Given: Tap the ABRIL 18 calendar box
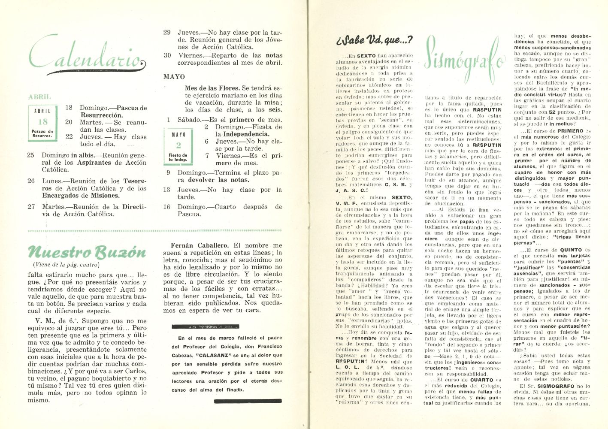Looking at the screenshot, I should pyautogui.click(x=43, y=123).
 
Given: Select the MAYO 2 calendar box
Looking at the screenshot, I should pyautogui.click(x=178, y=146).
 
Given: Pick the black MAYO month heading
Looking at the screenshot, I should pyautogui.click(x=174, y=77).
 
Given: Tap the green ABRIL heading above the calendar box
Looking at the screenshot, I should pyautogui.click(x=39, y=97).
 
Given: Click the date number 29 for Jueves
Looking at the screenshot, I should pyautogui.click(x=167, y=33).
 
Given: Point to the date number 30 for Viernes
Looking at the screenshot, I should pyautogui.click(x=167, y=55).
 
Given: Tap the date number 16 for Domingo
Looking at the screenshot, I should pyautogui.click(x=167, y=207).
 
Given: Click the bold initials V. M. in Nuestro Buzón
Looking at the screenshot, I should pyautogui.click(x=44, y=321).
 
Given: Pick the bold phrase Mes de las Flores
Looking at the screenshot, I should pyautogui.click(x=212, y=88).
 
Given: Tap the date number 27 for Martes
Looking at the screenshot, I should pyautogui.click(x=31, y=207).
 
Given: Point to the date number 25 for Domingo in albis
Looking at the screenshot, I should pyautogui.click(x=31, y=155).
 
